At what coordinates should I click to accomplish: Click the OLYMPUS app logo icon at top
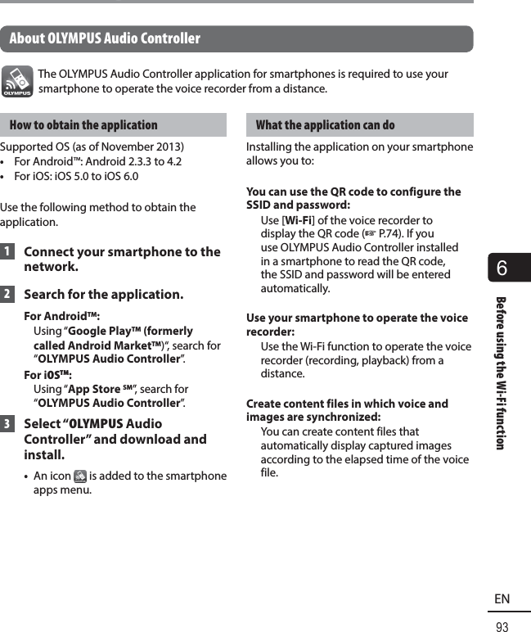[17, 81]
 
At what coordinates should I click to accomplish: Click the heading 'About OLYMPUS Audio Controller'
[105, 38]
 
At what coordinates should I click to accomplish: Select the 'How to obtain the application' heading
[83, 125]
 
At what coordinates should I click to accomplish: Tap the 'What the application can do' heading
[325, 125]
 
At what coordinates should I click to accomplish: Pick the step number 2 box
[7, 294]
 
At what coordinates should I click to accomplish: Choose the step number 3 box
[7, 424]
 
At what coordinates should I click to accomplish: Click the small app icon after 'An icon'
[80, 476]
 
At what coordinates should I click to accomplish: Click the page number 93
[502, 627]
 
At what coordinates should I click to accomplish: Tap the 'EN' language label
[502, 599]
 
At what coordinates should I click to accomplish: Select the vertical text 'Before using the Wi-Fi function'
[500, 372]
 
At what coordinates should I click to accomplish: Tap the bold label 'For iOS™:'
[47, 375]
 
